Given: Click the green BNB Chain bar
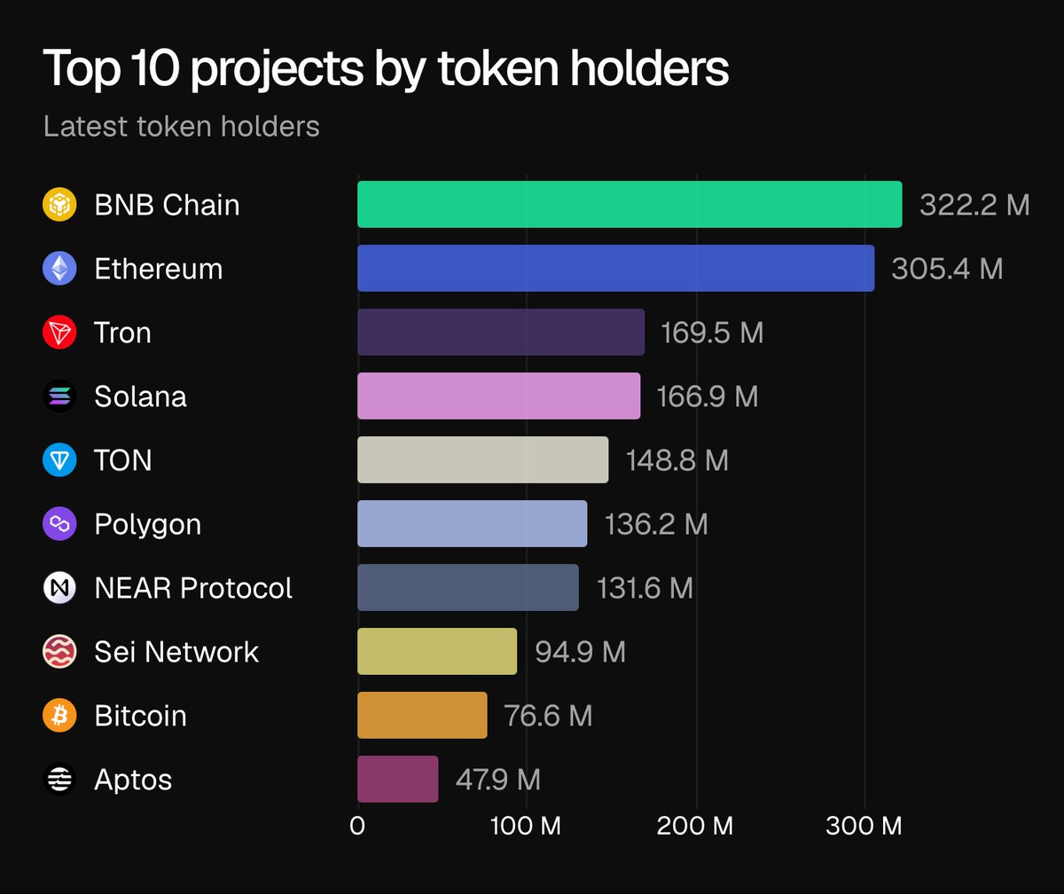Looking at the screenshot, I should (630, 205).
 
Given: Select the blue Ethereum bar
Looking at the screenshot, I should (615, 269).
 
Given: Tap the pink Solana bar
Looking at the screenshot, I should (498, 396).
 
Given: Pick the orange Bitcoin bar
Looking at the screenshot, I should (422, 716).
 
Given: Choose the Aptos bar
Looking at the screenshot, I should (397, 780).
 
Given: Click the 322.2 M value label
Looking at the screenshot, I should (974, 205).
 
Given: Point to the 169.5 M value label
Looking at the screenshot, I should (712, 333).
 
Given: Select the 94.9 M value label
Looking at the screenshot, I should (580, 652).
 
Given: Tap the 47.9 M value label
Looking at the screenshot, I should (497, 780).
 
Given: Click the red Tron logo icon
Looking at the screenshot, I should (59, 333).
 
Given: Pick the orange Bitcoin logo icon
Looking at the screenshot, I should (59, 716).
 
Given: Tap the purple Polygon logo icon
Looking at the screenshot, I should (59, 524).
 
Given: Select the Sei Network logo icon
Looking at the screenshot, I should (59, 652).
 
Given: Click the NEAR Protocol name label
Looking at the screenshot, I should (193, 588).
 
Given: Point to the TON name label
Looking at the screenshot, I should (122, 460).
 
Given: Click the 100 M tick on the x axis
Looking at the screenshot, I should (527, 827).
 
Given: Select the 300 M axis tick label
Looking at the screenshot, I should (864, 827).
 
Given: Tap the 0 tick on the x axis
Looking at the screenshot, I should (357, 827).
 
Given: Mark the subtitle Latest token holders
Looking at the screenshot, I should (181, 126).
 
